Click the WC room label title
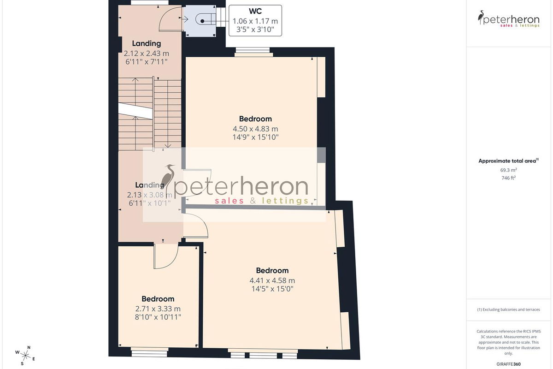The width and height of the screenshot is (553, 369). [x=255, y=11]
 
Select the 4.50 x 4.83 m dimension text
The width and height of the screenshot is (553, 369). [x=255, y=129]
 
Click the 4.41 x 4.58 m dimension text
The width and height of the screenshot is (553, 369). [x=272, y=280]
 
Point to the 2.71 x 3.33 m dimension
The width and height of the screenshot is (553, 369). [x=158, y=309]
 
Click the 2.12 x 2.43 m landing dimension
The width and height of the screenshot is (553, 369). [x=147, y=54]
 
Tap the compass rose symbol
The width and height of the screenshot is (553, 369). [x=25, y=356]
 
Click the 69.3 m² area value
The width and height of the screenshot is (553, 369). [x=508, y=170]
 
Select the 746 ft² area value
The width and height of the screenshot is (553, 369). [x=508, y=178]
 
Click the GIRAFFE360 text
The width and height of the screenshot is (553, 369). [x=508, y=364]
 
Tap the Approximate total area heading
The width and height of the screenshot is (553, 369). [x=508, y=161]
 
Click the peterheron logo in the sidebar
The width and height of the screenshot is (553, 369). [x=508, y=19]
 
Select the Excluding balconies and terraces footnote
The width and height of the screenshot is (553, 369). [x=508, y=309]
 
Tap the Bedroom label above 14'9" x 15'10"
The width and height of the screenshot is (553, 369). [x=255, y=119]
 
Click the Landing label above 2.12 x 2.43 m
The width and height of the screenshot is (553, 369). [x=147, y=43]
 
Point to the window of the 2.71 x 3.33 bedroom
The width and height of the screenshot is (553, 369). [x=150, y=352]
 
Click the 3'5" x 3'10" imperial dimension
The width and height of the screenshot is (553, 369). [x=255, y=30]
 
